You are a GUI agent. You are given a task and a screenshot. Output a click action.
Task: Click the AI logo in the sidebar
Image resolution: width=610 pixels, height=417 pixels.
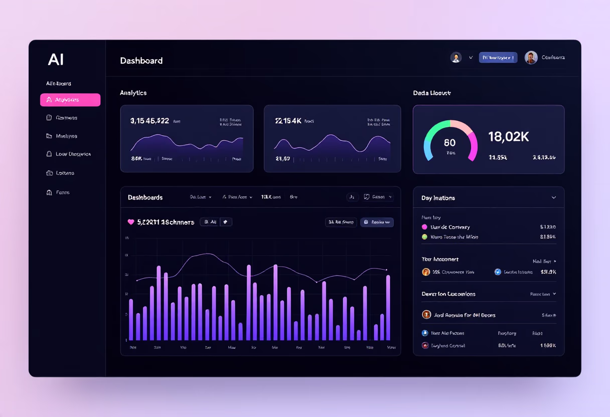pyautogui.click(x=56, y=60)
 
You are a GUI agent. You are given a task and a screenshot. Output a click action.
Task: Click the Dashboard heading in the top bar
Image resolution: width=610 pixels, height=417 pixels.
pyautogui.click(x=141, y=61)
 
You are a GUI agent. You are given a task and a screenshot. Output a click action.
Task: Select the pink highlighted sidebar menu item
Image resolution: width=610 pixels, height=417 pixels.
pyautogui.click(x=70, y=100)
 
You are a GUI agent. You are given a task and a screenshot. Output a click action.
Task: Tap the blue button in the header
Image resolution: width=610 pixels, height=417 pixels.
pyautogui.click(x=498, y=58)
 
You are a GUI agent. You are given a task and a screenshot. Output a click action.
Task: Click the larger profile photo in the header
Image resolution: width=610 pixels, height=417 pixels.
pyautogui.click(x=531, y=58)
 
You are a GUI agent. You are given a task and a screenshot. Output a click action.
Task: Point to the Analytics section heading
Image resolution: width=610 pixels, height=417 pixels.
pyautogui.click(x=133, y=93)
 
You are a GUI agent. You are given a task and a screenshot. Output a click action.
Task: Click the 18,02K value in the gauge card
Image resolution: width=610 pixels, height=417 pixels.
pyautogui.click(x=508, y=136)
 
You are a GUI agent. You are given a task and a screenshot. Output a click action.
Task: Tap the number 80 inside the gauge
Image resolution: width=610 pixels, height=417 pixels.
pyautogui.click(x=450, y=143)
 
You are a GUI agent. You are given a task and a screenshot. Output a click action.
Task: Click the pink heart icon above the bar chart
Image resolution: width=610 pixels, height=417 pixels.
pyautogui.click(x=131, y=222)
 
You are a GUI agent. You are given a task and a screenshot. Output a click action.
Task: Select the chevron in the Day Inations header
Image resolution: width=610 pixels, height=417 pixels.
pyautogui.click(x=554, y=198)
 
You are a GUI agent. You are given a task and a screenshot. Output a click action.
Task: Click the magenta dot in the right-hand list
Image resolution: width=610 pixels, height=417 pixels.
pyautogui.click(x=425, y=227)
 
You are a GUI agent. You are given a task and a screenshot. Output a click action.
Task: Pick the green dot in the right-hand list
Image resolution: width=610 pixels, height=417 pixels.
pyautogui.click(x=425, y=237)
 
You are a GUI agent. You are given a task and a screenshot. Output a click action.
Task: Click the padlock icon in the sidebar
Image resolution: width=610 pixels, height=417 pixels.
pyautogui.click(x=49, y=154)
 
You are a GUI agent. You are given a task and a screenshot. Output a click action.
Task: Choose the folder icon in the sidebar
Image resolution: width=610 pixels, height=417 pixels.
pyautogui.click(x=49, y=136)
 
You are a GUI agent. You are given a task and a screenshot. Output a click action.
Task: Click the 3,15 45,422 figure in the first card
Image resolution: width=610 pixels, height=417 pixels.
pyautogui.click(x=149, y=121)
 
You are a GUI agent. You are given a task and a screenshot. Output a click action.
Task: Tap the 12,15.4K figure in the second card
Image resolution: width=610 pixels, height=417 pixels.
pyautogui.click(x=288, y=121)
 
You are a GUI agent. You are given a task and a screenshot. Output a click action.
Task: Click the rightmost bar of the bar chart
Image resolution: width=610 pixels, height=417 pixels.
pyautogui.click(x=388, y=308)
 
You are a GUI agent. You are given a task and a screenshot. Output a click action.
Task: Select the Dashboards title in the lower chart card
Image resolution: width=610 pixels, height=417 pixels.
pyautogui.click(x=145, y=197)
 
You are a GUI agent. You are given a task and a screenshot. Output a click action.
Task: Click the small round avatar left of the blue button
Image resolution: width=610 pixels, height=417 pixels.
pyautogui.click(x=455, y=58)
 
